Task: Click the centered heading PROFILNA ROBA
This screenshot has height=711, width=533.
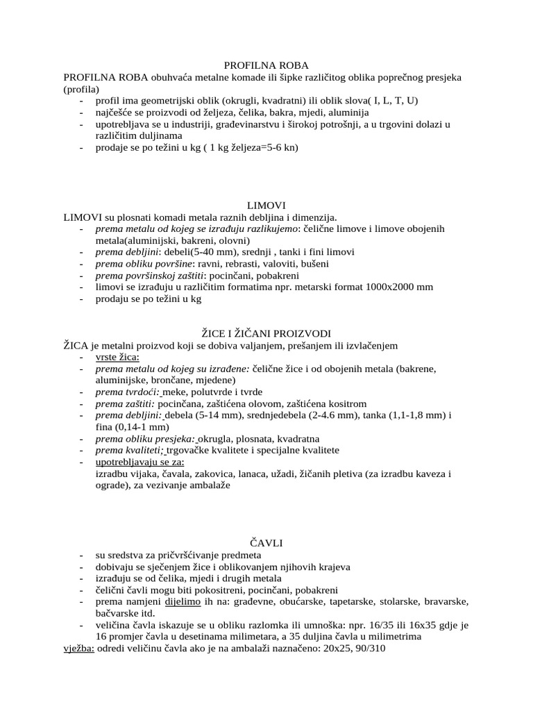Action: coord(266,65)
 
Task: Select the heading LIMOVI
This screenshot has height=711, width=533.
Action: coord(266,206)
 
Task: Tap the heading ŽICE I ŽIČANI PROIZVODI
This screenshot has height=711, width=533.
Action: coord(266,334)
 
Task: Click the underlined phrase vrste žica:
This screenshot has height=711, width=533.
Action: coord(117,357)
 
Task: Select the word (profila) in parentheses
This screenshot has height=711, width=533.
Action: coord(81,89)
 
